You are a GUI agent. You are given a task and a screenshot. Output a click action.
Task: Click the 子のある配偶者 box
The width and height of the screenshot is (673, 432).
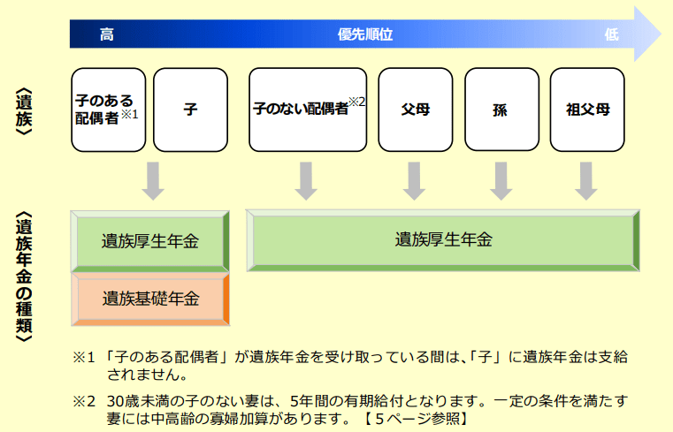108,110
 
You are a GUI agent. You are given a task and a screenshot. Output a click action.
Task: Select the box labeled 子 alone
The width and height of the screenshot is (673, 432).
190,110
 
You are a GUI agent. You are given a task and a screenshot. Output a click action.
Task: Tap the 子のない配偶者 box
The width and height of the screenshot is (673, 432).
307,110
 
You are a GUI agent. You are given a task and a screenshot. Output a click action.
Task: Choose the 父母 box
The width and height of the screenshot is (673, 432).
415,110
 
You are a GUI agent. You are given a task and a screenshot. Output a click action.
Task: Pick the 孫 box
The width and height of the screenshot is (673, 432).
501,110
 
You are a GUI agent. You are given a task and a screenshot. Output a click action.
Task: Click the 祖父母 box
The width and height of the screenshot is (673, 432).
588,110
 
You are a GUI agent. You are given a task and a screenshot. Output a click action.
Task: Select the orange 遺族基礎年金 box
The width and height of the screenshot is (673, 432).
150,299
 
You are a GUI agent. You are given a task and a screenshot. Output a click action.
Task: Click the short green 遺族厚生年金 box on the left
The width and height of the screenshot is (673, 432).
150,241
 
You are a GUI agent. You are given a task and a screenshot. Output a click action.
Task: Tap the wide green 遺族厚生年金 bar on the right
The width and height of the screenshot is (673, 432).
444,239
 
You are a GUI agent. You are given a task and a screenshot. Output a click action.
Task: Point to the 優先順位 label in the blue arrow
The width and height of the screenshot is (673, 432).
364,34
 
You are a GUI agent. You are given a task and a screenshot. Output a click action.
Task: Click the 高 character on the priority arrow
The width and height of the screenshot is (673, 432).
106,34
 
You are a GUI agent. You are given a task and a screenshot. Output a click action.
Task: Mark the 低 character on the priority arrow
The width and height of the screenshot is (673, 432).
611,34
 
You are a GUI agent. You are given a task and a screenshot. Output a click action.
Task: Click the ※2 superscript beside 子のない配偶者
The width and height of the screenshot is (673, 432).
356,102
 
